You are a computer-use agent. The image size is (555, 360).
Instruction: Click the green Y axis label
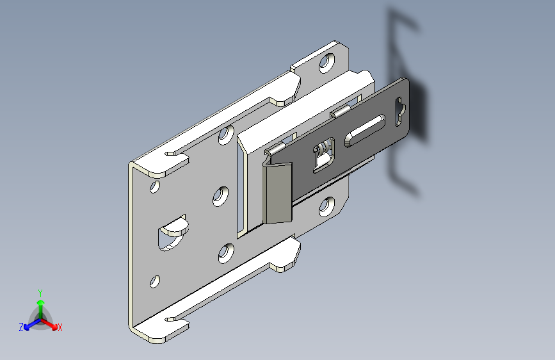pyautogui.click(x=40, y=293)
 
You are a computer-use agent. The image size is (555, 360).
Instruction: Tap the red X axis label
pyautogui.click(x=60, y=327)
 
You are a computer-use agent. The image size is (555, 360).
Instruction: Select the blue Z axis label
pyautogui.click(x=21, y=327)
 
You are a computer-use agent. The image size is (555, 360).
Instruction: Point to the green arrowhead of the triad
pyautogui.click(x=41, y=302)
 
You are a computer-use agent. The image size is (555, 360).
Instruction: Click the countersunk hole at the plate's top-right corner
pyautogui.click(x=327, y=63)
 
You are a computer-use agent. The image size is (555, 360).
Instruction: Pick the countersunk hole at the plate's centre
pyautogui.click(x=220, y=196)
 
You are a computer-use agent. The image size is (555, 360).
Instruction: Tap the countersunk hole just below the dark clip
pyautogui.click(x=326, y=207)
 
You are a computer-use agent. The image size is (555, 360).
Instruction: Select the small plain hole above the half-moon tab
pyautogui.click(x=155, y=187)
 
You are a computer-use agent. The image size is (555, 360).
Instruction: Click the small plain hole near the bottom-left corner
pyautogui.click(x=155, y=282)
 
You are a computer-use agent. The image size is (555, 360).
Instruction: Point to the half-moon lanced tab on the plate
pyautogui.click(x=173, y=232)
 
